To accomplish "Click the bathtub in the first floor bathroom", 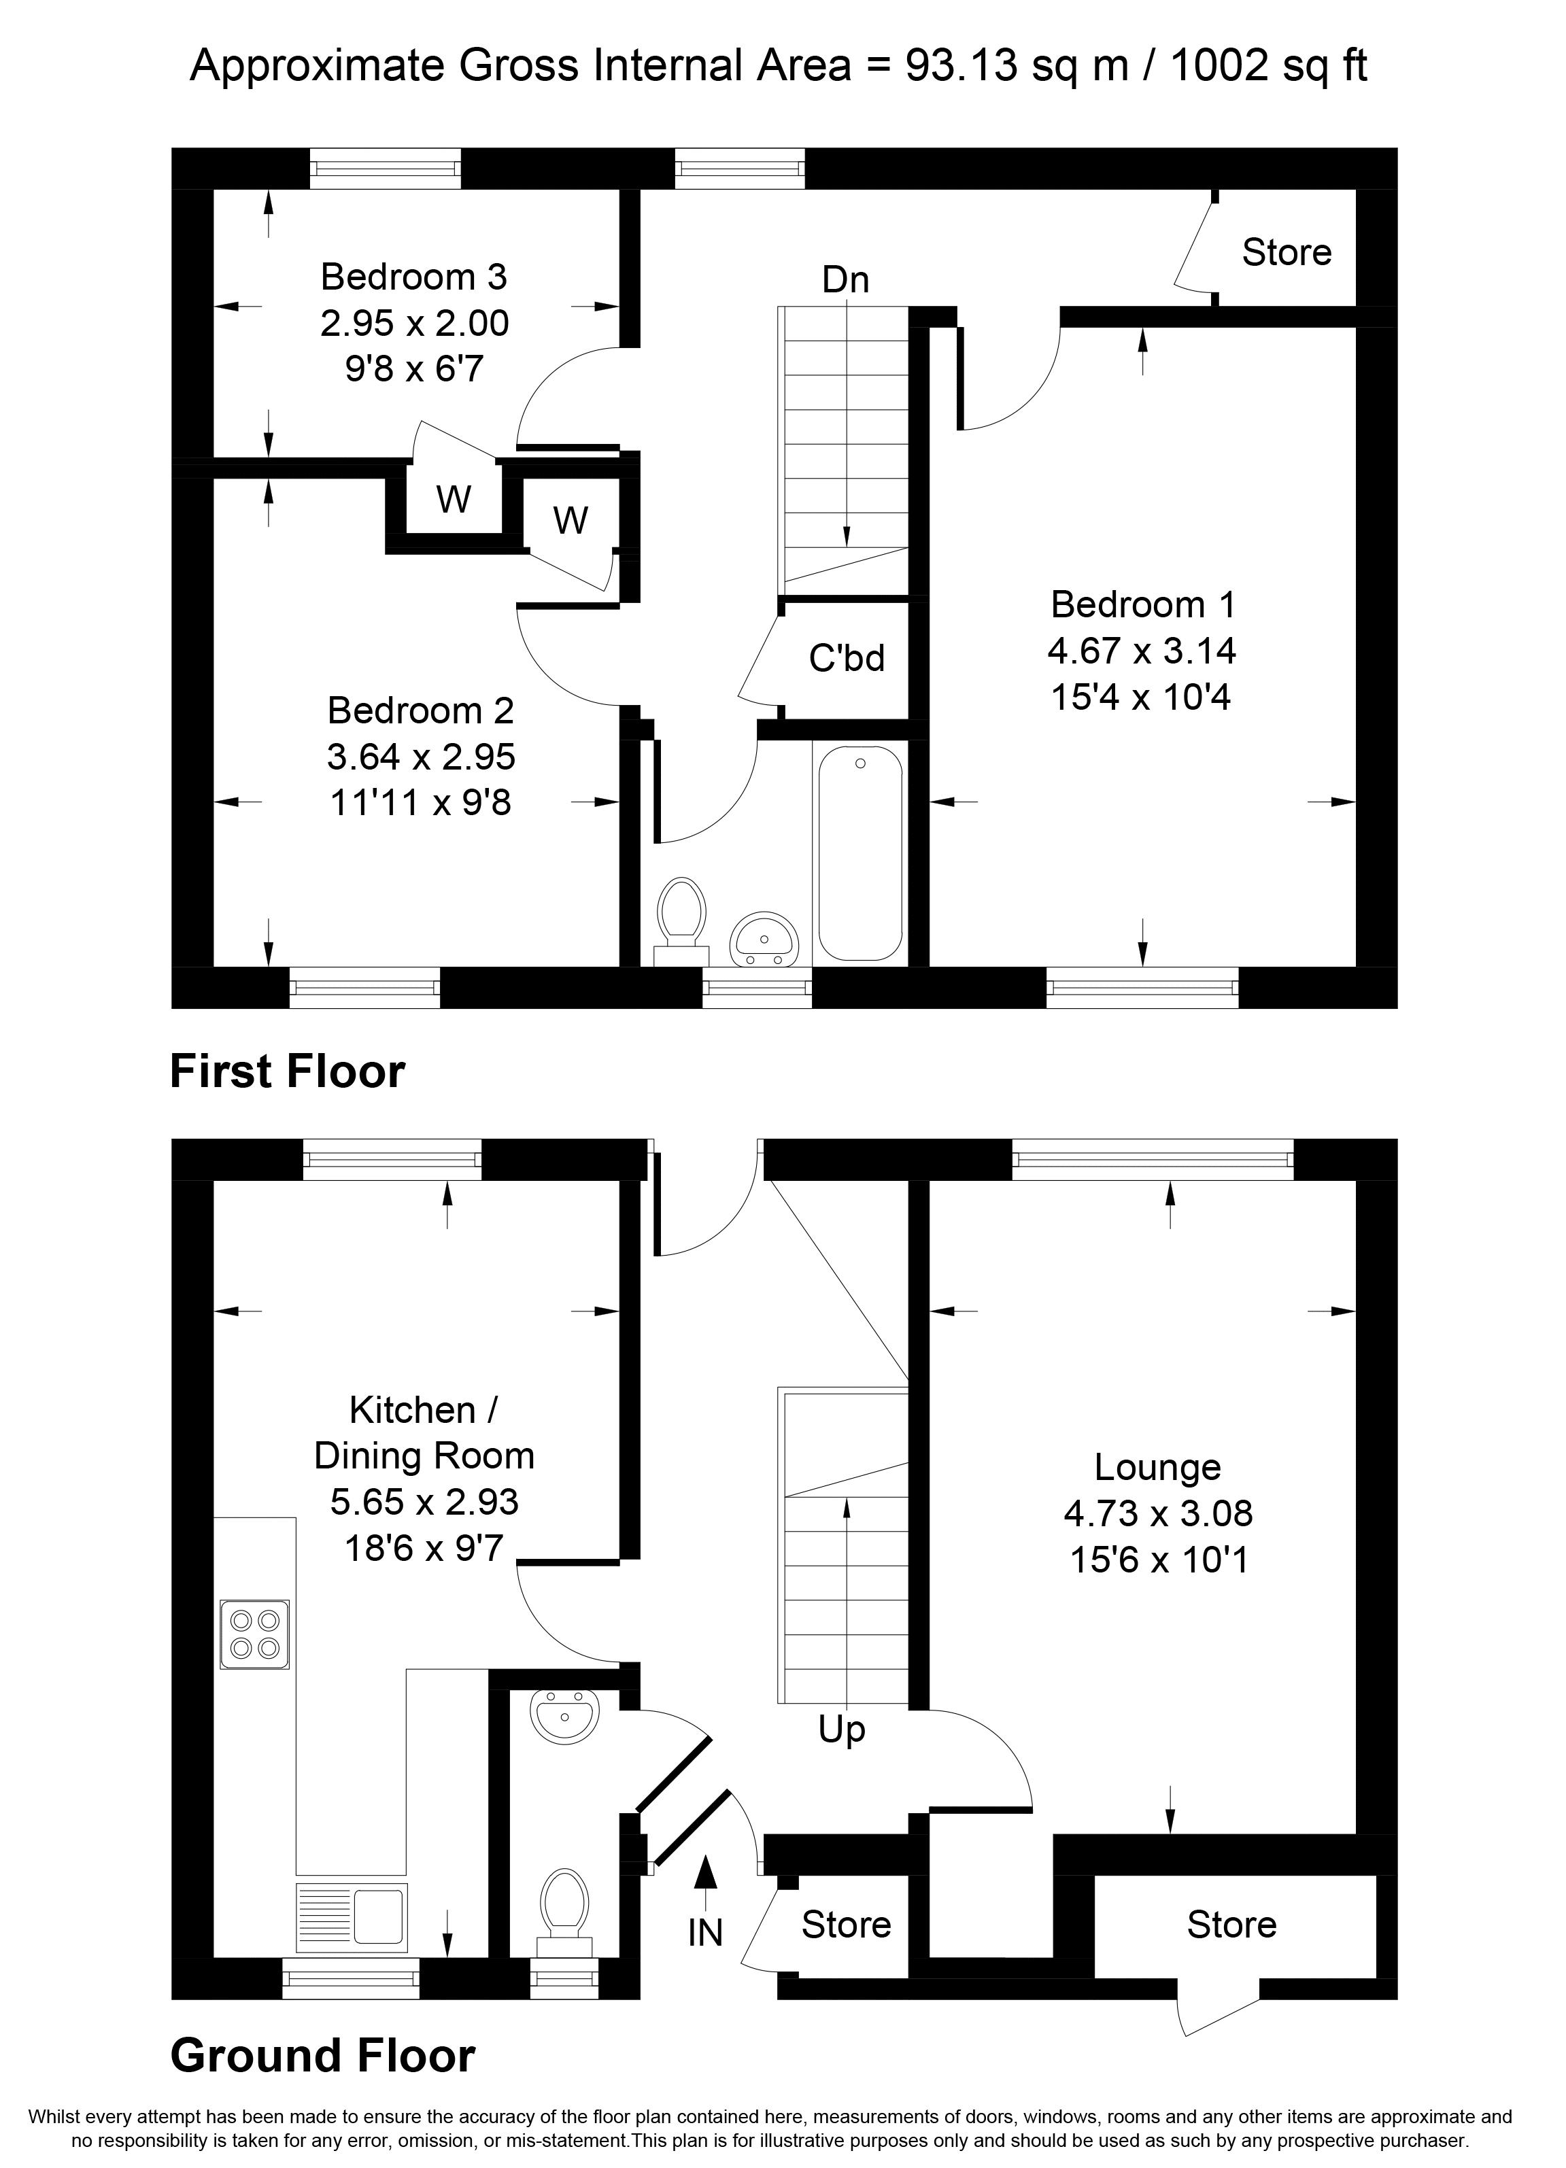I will tap(859, 853).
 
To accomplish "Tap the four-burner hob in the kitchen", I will tap(254, 1634).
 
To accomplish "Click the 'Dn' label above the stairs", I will tap(845, 280).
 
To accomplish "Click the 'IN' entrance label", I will tap(706, 1933).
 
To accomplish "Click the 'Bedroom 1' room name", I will tap(1142, 604).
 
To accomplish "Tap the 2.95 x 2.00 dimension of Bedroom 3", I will tap(414, 323).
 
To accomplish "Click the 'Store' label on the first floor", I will tap(1286, 252).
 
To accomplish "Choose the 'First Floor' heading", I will tap(287, 1071).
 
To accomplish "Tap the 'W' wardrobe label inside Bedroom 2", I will tap(570, 521).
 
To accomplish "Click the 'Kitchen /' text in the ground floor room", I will tap(424, 1410).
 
